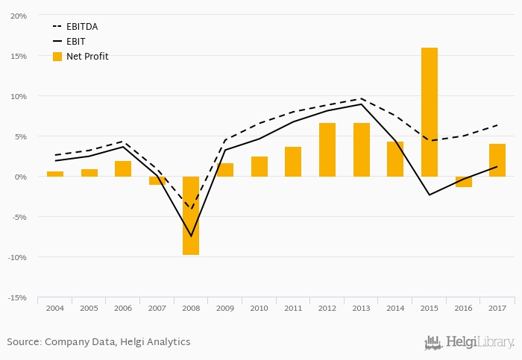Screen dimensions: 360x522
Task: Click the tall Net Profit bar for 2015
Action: pos(429,112)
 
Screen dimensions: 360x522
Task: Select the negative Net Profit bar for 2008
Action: pos(191,215)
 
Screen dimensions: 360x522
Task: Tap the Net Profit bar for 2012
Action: pos(327,150)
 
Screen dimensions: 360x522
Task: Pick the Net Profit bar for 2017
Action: pos(497,160)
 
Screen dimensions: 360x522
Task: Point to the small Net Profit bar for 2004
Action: pos(55,174)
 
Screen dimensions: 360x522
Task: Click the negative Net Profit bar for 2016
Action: pos(463,182)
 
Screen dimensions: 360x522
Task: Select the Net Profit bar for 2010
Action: pos(259,166)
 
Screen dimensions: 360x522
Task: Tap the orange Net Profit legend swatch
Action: pos(57,57)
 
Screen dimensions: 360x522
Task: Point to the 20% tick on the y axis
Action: pos(19,16)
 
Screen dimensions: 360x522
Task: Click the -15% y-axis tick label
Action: pos(18,297)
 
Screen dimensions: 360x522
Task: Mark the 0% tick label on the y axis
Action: pos(21,177)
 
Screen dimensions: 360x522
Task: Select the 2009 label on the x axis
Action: pos(224,308)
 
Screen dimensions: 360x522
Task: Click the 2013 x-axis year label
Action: pos(361,308)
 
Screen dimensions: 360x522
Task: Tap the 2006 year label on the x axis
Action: pos(122,308)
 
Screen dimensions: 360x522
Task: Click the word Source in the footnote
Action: pos(23,342)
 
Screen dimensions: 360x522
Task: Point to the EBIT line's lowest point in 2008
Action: pos(191,236)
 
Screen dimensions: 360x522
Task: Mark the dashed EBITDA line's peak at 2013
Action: pos(361,98)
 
